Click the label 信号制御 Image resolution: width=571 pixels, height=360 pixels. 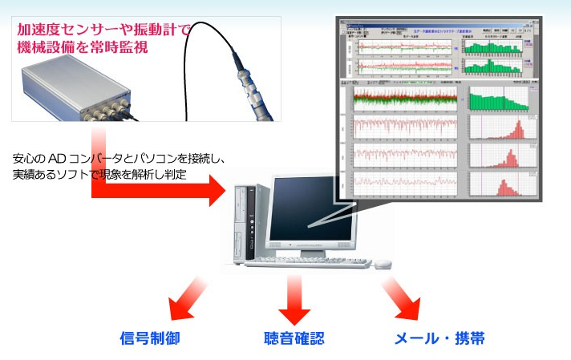point(150,338)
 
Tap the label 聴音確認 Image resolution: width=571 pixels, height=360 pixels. point(294,338)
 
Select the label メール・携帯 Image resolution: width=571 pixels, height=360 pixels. point(439,338)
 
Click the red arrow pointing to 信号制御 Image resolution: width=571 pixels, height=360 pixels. point(186,299)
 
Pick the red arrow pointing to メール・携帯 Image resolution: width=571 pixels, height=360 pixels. point(403,300)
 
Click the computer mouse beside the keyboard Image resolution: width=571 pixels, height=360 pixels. point(383,263)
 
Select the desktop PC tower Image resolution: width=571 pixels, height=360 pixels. point(250,224)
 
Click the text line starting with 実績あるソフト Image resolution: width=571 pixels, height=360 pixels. point(99,173)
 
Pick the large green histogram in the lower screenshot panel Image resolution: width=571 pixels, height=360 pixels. point(498,99)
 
